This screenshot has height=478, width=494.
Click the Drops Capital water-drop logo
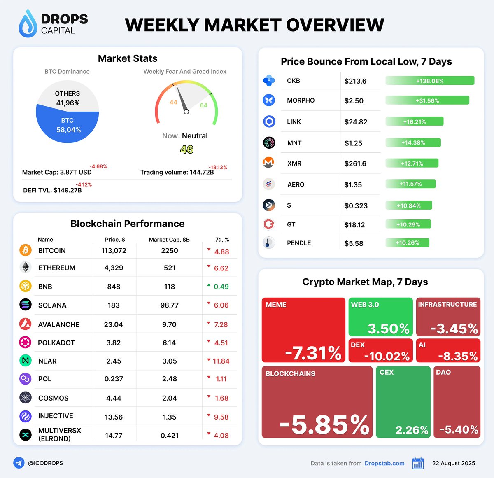pos(28,24)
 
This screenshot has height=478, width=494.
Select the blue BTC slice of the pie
pos(68,125)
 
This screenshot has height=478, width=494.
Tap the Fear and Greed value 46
pos(186,149)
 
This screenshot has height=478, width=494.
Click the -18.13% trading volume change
pos(218,167)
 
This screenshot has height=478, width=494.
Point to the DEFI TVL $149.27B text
pos(52,190)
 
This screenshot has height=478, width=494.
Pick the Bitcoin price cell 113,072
pos(114,251)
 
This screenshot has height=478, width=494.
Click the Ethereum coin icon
pos(26,268)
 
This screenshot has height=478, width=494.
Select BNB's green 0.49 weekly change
pos(221,287)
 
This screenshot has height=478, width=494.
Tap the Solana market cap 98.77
pos(169,305)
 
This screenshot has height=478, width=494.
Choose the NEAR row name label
pos(47,361)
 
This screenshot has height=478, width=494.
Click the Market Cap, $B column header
pos(169,240)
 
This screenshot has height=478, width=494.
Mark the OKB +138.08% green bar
pos(430,81)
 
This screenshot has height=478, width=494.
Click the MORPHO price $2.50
pos(354,101)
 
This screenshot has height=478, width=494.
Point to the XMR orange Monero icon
pos(269,163)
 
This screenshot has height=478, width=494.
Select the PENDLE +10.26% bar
pos(407,243)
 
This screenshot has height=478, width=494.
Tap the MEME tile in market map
pos(303,330)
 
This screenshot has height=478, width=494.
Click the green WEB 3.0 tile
pos(380,317)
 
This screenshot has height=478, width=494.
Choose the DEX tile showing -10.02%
pos(380,351)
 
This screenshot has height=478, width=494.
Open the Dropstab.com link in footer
pos(384,463)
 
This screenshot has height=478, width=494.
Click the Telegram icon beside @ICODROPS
pos(19,463)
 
